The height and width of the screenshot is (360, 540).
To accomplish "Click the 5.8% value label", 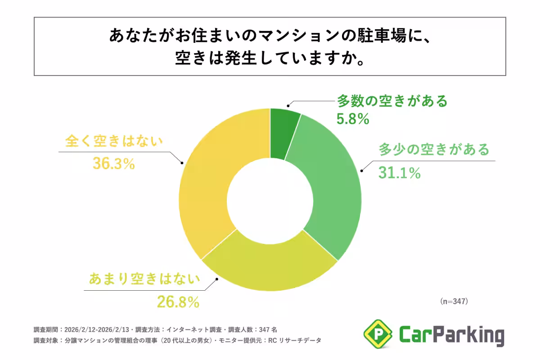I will tap(353, 119).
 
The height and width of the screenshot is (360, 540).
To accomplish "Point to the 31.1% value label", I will tap(399, 173).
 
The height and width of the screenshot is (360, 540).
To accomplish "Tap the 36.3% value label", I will tap(114, 164).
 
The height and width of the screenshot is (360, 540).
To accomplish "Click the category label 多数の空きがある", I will tap(392, 101).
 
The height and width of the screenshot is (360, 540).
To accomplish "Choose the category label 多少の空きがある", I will tap(433, 149).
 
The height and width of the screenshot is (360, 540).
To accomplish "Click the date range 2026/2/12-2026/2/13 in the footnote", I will tap(98, 329).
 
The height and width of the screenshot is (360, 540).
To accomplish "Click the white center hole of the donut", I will tap(270, 200).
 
